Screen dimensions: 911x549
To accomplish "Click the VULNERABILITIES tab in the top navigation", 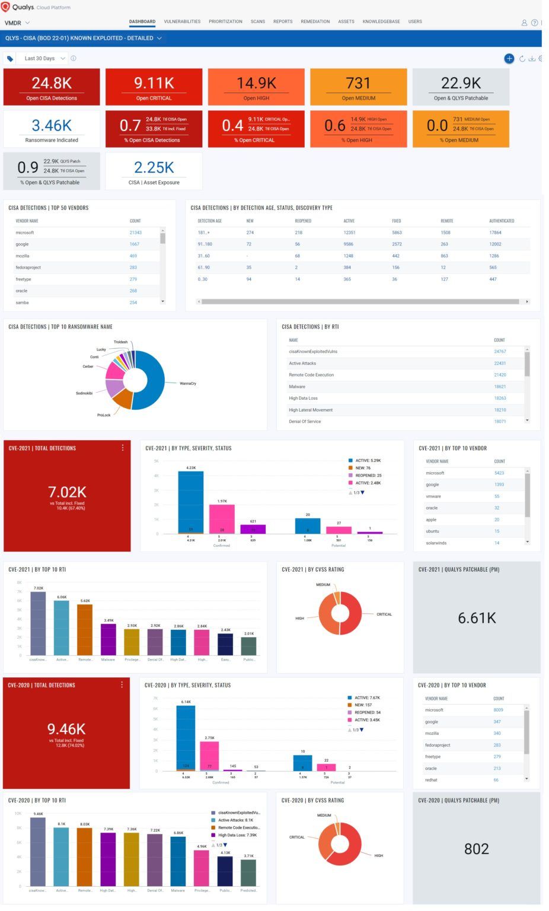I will point(182,21).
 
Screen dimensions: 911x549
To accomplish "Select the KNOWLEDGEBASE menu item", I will point(381,21).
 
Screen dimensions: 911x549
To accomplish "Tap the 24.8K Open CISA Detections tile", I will point(52,87).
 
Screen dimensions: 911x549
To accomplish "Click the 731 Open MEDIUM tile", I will point(358,87).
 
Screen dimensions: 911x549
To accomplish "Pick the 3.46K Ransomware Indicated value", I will point(52,125).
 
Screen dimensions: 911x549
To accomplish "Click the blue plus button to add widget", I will point(509,58).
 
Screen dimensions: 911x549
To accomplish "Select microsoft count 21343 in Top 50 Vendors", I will point(135,232).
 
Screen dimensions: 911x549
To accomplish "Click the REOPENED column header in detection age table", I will point(303,221).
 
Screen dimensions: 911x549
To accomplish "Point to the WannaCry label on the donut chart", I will point(187,383).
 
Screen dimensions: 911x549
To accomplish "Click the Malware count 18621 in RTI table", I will point(500,387).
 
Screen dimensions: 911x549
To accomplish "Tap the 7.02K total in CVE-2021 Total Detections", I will point(67,492).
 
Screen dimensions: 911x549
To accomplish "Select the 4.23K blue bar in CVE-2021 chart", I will point(191,502).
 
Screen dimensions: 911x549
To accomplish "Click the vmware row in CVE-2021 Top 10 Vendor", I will point(433,496).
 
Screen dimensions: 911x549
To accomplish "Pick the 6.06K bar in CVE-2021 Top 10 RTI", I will point(62,627).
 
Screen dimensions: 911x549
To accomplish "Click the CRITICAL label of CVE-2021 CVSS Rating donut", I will point(384,614).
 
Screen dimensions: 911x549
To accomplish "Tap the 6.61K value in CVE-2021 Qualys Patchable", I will point(477,618).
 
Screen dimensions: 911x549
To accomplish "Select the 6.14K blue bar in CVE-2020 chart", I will point(186,738).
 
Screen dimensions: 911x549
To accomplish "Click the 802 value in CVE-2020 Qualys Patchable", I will point(476,849).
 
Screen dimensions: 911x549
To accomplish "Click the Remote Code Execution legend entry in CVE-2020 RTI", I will point(238,827).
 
